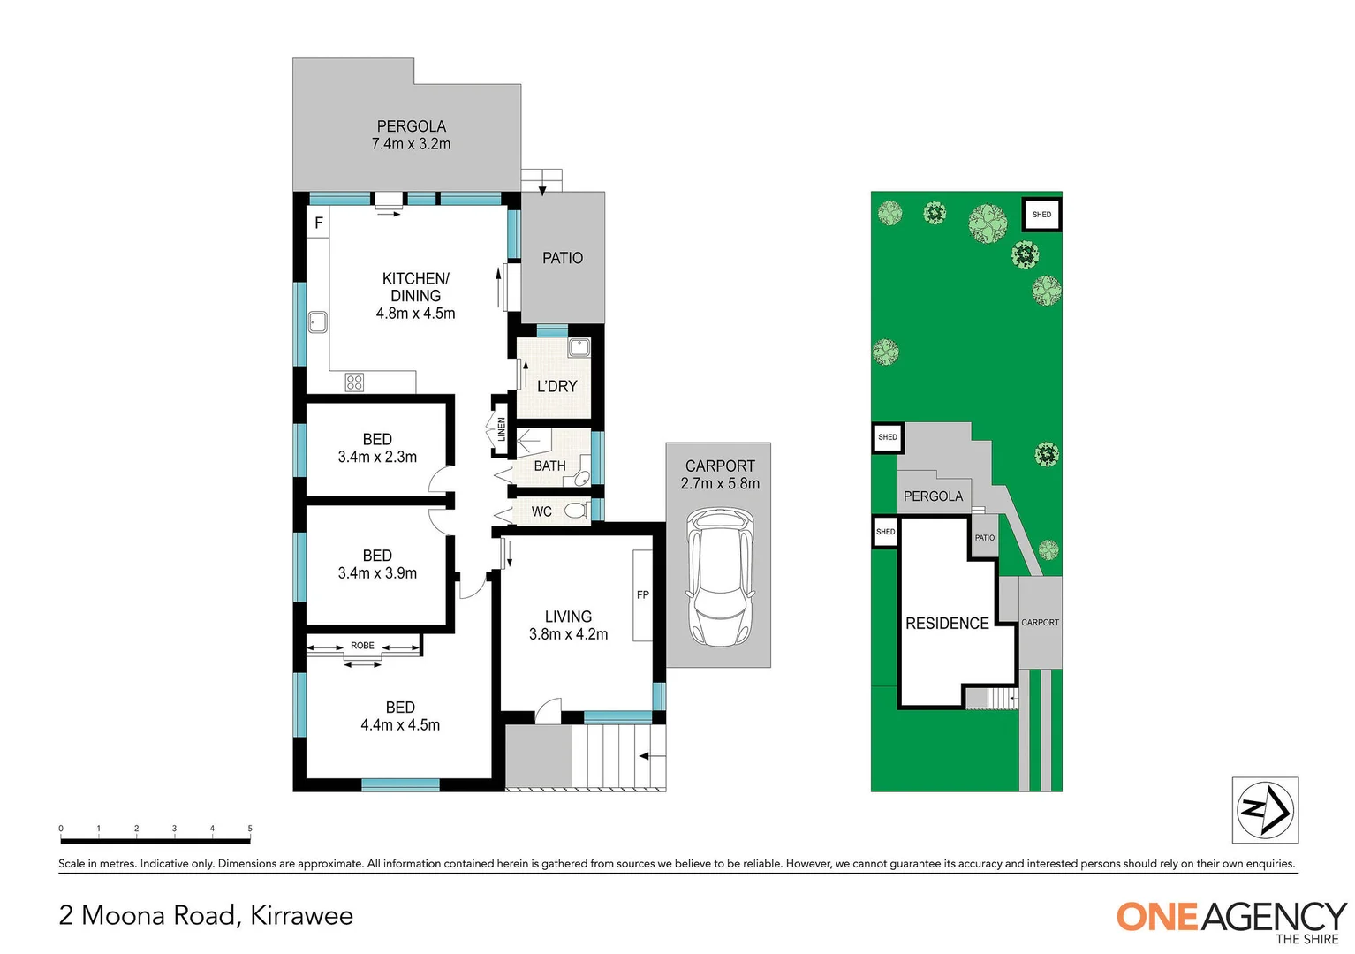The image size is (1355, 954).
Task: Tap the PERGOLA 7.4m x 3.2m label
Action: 411,135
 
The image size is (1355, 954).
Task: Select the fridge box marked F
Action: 319,223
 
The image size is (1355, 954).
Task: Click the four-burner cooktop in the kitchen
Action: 354,382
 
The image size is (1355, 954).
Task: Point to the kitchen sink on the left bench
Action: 317,322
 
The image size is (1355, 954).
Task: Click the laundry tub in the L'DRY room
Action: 579,346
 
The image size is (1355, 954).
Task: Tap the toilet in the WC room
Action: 576,511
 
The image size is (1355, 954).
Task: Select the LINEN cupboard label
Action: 501,429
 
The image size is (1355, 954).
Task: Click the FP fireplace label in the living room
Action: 642,594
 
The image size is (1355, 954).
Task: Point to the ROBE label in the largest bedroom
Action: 362,646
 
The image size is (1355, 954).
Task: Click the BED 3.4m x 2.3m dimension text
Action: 377,457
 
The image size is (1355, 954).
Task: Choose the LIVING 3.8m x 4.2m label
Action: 568,625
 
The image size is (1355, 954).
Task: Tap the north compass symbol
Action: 1265,809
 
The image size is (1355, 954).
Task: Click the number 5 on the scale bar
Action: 250,829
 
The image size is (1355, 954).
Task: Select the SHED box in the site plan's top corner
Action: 1041,214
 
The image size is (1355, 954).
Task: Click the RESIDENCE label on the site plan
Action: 947,624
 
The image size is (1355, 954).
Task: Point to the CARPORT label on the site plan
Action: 1040,623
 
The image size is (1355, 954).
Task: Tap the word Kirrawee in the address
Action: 301,915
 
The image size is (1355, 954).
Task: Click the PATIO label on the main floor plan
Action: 563,258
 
